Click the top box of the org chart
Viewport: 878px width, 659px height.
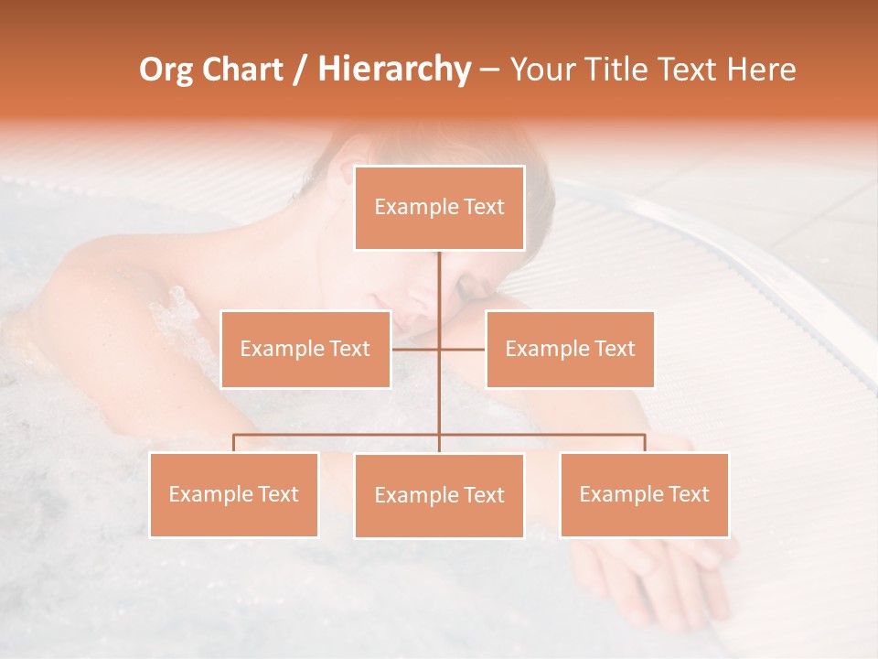pos(439,208)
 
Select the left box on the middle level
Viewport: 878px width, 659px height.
pos(305,349)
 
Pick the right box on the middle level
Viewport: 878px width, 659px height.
pos(570,349)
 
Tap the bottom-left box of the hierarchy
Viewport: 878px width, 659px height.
pos(234,494)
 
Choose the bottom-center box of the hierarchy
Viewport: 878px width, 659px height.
pos(439,495)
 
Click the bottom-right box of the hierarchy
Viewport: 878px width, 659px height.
pos(644,494)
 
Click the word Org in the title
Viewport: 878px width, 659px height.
pos(166,70)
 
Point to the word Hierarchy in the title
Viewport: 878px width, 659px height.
pos(394,70)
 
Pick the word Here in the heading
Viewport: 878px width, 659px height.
pos(761,70)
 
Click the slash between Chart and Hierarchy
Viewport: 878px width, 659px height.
pos(300,70)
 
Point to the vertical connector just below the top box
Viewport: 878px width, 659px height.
pos(439,275)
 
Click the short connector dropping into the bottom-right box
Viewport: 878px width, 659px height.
pos(645,443)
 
